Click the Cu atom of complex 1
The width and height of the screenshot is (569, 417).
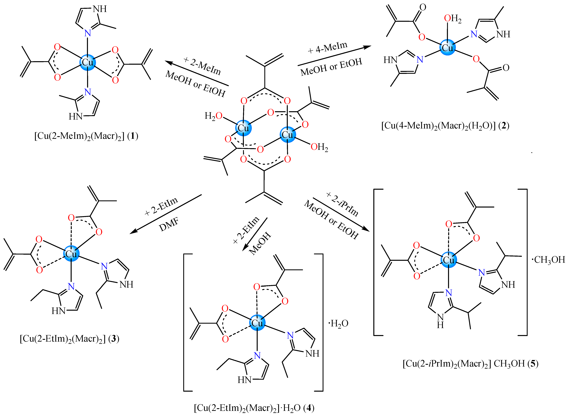[x=88, y=62]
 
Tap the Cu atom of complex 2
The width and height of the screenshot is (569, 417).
[x=447, y=47]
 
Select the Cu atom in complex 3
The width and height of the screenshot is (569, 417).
[x=71, y=254]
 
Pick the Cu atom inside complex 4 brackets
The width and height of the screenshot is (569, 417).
[x=257, y=323]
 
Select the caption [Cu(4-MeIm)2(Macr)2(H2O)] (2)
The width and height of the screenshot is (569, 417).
[x=445, y=125]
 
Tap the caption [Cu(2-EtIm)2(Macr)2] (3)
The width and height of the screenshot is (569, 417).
[x=69, y=339]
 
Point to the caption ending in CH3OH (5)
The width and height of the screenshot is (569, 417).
[x=470, y=363]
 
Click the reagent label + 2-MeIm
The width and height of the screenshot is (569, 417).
[x=202, y=66]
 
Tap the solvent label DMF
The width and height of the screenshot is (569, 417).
[x=169, y=224]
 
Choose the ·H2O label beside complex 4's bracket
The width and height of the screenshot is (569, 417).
[x=338, y=323]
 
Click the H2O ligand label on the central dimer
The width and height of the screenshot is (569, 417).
[x=213, y=116]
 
